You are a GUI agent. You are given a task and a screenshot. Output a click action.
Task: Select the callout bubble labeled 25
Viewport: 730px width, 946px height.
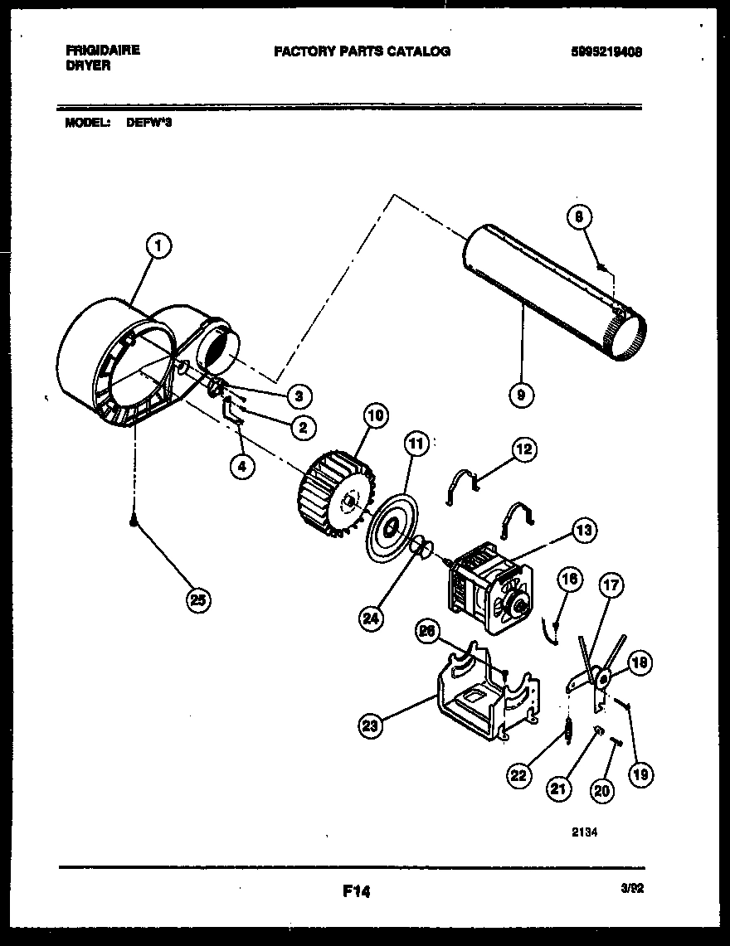197,600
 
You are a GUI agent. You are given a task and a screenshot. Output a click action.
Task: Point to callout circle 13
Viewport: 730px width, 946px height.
584,529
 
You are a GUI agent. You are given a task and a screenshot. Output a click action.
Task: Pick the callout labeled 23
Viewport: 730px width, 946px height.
371,727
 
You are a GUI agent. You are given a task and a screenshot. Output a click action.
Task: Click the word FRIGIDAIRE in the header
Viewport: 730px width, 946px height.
102,50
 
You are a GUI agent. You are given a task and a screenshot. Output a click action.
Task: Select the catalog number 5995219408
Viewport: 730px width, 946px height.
606,51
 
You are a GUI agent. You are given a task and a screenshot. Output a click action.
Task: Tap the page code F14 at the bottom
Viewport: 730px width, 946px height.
355,892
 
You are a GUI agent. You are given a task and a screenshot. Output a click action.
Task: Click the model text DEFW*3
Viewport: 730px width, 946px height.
149,122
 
